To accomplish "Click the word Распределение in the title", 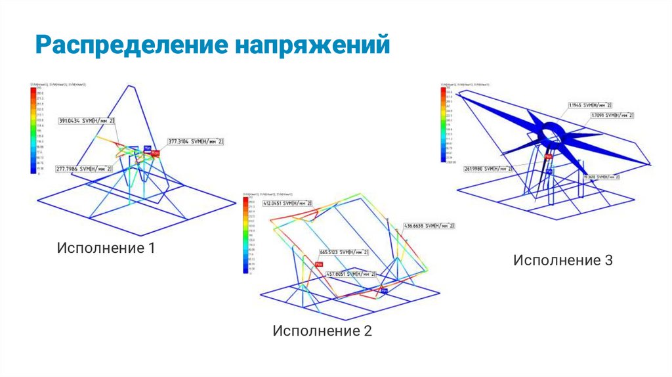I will pyautogui.click(x=129, y=47).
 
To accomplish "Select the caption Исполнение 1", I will pyautogui.click(x=106, y=249).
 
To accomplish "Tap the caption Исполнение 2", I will pyautogui.click(x=322, y=330).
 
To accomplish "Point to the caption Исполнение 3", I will pyautogui.click(x=562, y=260).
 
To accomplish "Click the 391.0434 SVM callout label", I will pyautogui.click(x=87, y=121).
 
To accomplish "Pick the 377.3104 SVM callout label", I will pyautogui.click(x=196, y=141).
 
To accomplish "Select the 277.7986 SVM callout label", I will pyautogui.click(x=83, y=168).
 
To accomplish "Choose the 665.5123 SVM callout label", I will pyautogui.click(x=344, y=252).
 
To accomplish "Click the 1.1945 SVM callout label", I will pyautogui.click(x=590, y=105).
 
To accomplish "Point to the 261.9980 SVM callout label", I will pyautogui.click(x=487, y=168).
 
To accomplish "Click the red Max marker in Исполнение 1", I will pyautogui.click(x=156, y=152).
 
